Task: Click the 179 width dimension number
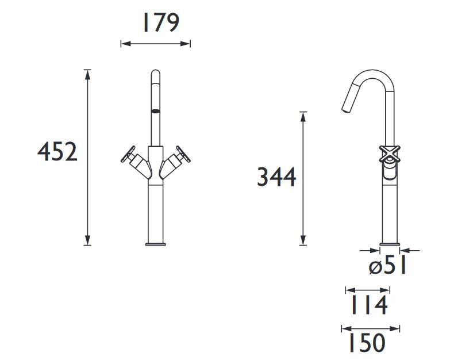[161, 22]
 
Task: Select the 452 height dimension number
[57, 152]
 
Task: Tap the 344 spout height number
[276, 177]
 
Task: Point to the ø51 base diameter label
[388, 266]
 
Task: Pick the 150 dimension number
[367, 343]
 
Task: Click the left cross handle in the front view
[128, 154]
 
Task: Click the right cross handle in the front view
[183, 154]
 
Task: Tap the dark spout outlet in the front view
[156, 111]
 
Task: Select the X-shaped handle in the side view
[390, 154]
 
